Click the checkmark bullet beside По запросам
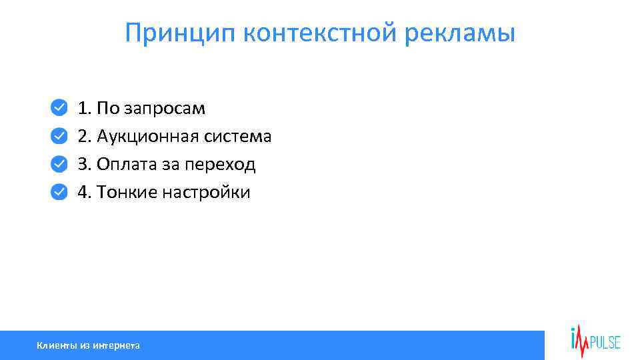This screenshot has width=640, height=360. point(59,107)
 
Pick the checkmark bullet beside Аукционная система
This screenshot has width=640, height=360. point(59,135)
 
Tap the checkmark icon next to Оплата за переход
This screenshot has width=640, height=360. point(59,164)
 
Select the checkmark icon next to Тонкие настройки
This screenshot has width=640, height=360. point(59,192)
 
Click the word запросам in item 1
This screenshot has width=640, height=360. point(166,108)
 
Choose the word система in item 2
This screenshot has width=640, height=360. point(238,136)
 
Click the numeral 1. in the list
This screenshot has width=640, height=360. point(85,107)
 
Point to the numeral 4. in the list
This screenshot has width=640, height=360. point(85,193)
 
